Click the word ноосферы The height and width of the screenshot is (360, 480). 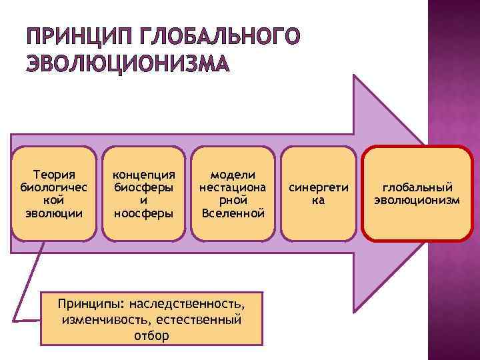click(x=143, y=213)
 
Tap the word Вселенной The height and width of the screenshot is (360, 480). click(x=233, y=213)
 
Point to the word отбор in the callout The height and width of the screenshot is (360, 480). click(x=152, y=335)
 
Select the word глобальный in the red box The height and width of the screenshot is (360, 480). click(x=417, y=187)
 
